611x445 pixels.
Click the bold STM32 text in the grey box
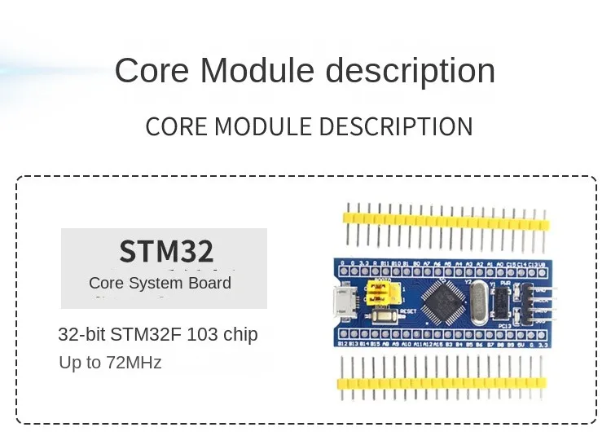[166, 251]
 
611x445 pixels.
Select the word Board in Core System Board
[209, 283]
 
